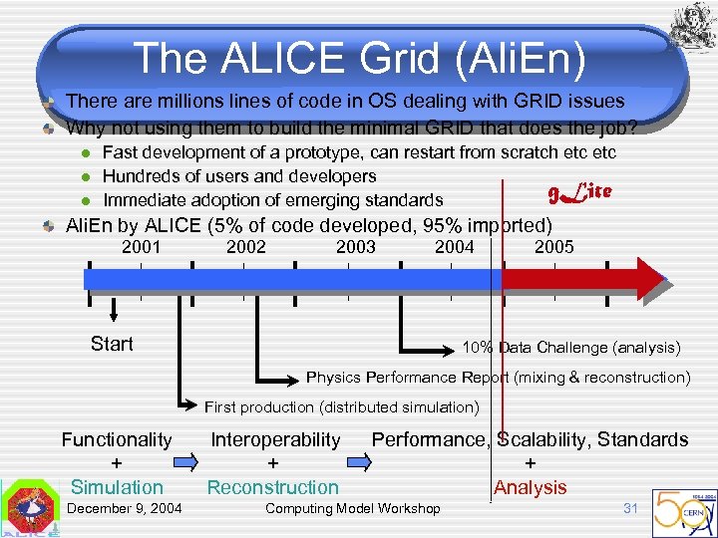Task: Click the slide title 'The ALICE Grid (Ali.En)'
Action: [358, 58]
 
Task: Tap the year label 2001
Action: [141, 247]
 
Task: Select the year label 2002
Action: [246, 247]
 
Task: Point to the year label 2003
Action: [356, 247]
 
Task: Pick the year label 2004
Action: [455, 247]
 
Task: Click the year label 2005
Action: [554, 247]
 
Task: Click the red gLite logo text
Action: [579, 190]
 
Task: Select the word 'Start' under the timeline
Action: [112, 344]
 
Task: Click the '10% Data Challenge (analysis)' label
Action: [571, 348]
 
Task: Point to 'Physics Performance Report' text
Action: [408, 378]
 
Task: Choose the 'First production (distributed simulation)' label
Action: [342, 406]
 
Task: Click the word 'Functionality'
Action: [117, 439]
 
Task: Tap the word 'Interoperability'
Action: [275, 439]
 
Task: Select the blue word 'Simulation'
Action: [117, 487]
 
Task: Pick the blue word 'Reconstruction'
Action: [272, 487]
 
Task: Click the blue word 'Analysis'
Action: [530, 487]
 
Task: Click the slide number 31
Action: [630, 508]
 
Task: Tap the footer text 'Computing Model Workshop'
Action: [352, 509]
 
